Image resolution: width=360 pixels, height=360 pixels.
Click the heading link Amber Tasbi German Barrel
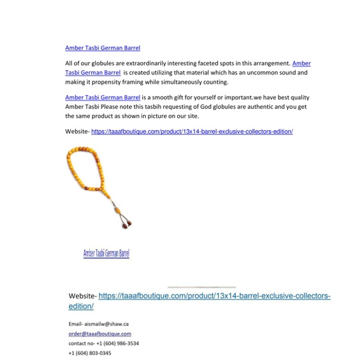(x=103, y=47)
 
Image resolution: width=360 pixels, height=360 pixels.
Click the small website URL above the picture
(x=192, y=131)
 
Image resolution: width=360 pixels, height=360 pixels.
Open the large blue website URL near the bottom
(x=214, y=296)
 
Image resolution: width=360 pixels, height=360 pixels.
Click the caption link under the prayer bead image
(x=106, y=253)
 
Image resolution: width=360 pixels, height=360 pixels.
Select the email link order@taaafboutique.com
(x=100, y=334)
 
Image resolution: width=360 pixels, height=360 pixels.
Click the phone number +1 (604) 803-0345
(x=89, y=353)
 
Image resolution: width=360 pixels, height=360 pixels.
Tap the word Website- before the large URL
(x=82, y=296)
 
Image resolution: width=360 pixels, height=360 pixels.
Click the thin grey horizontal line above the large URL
(x=202, y=287)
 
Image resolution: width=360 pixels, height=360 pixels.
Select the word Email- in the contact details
(x=75, y=324)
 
